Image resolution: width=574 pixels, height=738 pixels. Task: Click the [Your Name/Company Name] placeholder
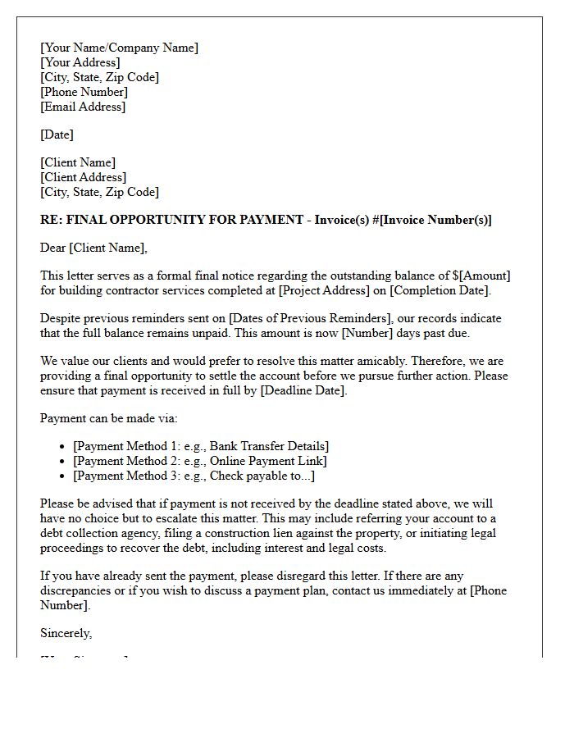coord(119,48)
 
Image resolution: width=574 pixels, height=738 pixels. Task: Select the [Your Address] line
coord(80,62)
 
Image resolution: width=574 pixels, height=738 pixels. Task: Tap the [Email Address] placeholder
coord(83,107)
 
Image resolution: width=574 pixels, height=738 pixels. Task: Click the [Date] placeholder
coord(57,134)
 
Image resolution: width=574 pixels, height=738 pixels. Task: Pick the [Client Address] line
coord(83,177)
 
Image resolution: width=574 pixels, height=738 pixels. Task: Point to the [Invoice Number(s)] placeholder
coord(435,220)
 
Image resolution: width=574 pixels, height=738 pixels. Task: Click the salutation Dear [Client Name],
coord(93,248)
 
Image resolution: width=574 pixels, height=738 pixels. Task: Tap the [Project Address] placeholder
coord(326,290)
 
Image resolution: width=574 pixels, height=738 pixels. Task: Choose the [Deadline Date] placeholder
coord(304,390)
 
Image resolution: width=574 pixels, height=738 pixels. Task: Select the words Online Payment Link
coord(255,461)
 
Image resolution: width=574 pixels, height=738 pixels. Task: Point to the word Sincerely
coord(66,633)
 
